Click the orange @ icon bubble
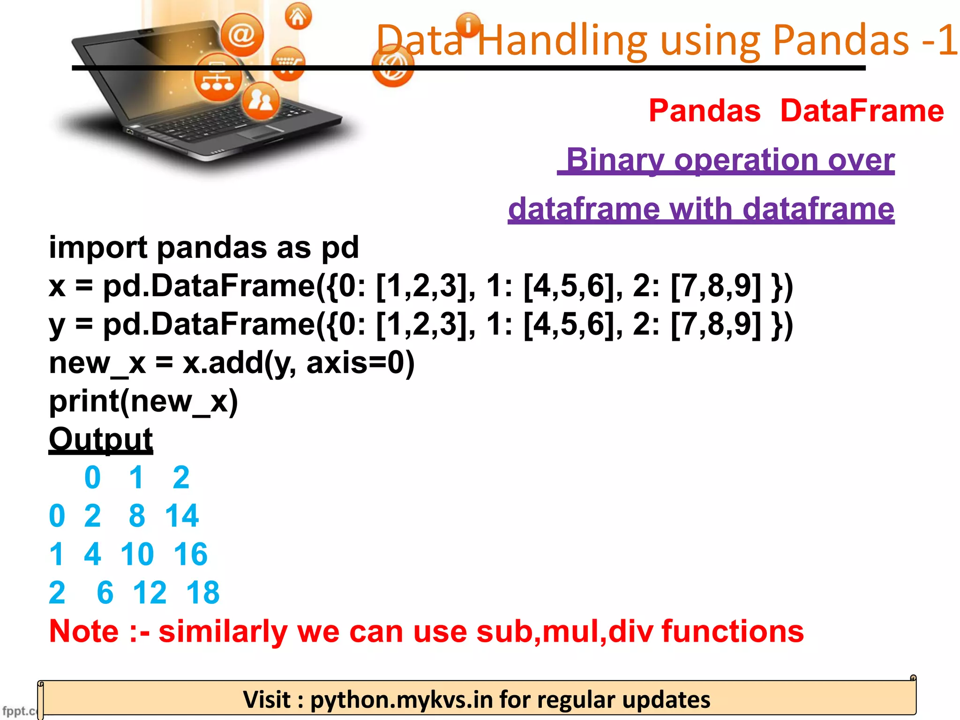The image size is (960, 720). (242, 34)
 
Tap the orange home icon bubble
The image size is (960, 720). (298, 17)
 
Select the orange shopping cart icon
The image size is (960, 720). (288, 63)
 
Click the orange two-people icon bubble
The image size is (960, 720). (261, 101)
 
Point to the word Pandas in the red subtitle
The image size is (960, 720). (705, 111)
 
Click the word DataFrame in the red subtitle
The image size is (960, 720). (862, 111)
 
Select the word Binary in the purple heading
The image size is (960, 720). (615, 160)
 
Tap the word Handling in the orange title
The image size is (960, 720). (562, 41)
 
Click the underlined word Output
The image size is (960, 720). (101, 439)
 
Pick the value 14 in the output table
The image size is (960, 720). (182, 516)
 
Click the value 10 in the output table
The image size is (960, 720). (137, 554)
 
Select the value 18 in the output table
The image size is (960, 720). (202, 592)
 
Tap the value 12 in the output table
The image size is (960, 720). (150, 592)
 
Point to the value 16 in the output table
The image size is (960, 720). (190, 554)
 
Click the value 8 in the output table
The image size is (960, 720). (137, 516)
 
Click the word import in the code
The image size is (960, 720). (98, 247)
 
